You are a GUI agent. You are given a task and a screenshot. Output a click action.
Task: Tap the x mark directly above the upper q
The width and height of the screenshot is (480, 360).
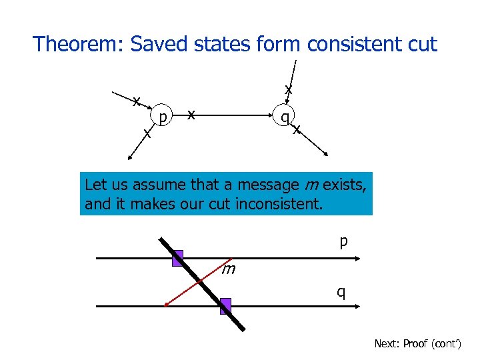click(x=288, y=89)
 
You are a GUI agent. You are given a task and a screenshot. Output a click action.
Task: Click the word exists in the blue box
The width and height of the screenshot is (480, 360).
click(x=343, y=184)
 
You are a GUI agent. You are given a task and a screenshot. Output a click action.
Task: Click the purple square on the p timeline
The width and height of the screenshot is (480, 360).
click(x=177, y=259)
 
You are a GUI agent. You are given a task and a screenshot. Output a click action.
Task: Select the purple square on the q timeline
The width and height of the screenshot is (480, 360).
click(x=226, y=306)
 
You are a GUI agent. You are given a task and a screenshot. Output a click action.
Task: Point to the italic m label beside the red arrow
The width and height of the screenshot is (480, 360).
click(x=229, y=269)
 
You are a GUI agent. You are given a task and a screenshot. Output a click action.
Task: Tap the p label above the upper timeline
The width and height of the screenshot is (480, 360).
click(x=343, y=241)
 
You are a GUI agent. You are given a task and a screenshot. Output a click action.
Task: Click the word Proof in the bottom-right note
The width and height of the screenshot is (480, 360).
click(x=415, y=344)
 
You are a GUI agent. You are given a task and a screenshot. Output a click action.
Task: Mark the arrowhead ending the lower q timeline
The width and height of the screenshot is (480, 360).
click(x=359, y=306)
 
